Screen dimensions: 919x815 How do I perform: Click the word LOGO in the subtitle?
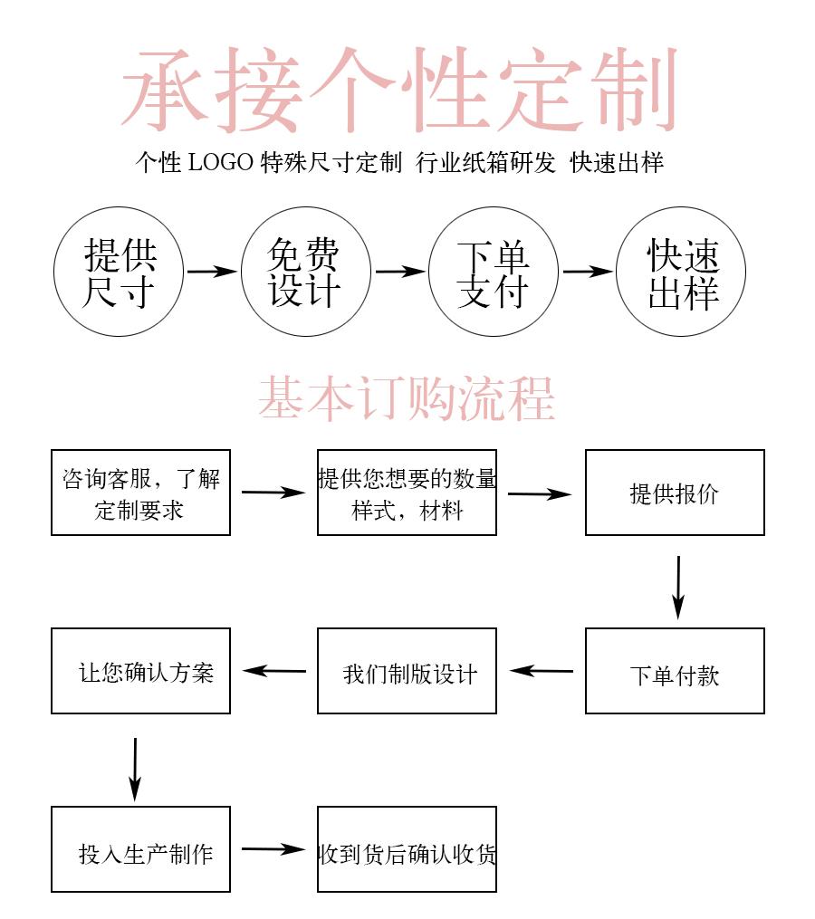tap(220, 163)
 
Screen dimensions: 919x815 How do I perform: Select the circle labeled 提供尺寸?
tap(120, 272)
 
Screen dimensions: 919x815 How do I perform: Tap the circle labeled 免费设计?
tap(305, 272)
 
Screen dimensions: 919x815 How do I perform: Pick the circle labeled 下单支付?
tap(493, 272)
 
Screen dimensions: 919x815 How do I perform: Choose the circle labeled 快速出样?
tap(681, 272)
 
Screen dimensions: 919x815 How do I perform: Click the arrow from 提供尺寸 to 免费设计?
tap(211, 271)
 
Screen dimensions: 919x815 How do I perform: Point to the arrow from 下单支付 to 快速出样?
tap(587, 271)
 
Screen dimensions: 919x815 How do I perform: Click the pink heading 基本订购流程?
tap(407, 398)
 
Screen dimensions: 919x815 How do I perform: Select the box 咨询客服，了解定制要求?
tap(140, 493)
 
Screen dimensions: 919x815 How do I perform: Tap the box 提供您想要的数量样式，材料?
tap(407, 493)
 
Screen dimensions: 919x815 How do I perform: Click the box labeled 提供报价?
tap(675, 493)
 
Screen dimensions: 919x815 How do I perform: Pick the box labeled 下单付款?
tap(675, 671)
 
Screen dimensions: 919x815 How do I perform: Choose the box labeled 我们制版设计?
tap(407, 671)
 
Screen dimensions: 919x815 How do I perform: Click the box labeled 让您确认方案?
tap(140, 671)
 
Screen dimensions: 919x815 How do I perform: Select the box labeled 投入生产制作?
tap(140, 849)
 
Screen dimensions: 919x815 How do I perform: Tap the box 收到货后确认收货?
tap(407, 849)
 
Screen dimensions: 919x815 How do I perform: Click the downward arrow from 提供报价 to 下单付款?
tap(678, 587)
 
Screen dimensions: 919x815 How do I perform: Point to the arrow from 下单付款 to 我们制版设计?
tap(542, 671)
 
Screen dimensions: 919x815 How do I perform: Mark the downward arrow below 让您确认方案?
tap(135, 768)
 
